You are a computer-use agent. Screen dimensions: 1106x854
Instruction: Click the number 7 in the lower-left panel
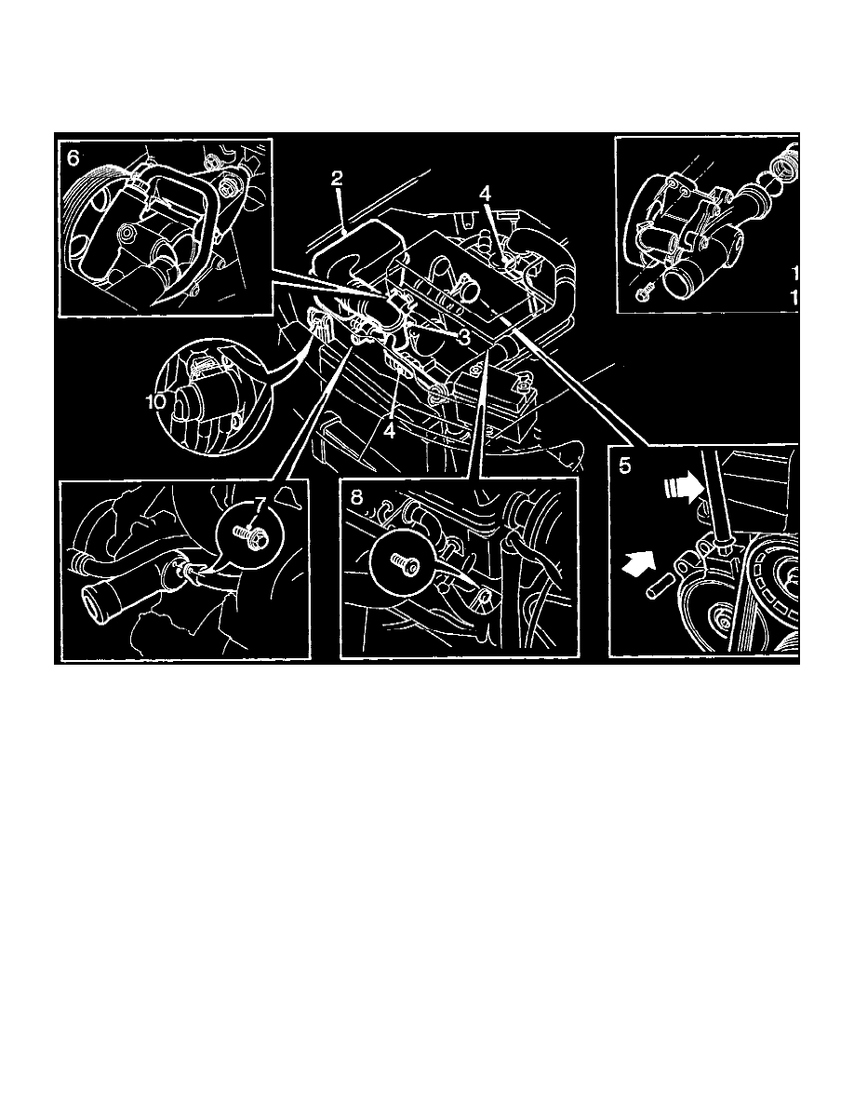pos(261,504)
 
